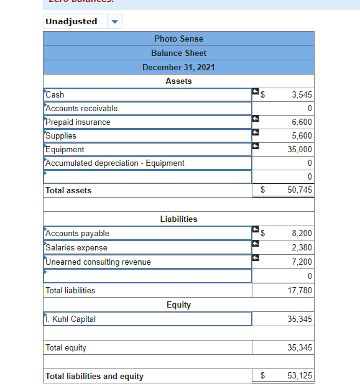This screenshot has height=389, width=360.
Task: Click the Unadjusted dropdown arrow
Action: click(114, 22)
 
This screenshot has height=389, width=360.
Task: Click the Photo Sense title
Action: click(178, 39)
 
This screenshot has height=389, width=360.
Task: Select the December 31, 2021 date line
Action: click(178, 67)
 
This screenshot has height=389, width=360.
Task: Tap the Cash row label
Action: click(55, 95)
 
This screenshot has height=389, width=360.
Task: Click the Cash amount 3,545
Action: click(302, 95)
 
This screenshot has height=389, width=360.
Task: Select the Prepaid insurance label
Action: click(78, 122)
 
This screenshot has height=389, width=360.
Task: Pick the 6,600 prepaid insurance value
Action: click(302, 122)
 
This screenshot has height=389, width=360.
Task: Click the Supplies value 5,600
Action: click(302, 136)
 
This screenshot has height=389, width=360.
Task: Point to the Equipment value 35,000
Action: click(300, 150)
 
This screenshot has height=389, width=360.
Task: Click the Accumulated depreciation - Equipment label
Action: click(115, 163)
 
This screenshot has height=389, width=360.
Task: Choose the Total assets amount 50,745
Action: click(300, 190)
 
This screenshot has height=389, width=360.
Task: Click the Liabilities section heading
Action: click(178, 219)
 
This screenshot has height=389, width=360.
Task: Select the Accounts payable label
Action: click(78, 234)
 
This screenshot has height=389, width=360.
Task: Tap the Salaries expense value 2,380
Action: click(302, 248)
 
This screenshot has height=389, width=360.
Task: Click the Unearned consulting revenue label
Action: click(98, 262)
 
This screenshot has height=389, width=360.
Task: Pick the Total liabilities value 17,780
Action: click(300, 290)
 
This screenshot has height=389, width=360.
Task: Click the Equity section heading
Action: click(178, 305)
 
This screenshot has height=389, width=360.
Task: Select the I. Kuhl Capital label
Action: click(71, 319)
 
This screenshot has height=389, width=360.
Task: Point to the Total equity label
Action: click(66, 348)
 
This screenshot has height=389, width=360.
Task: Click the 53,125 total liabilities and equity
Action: click(300, 376)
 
